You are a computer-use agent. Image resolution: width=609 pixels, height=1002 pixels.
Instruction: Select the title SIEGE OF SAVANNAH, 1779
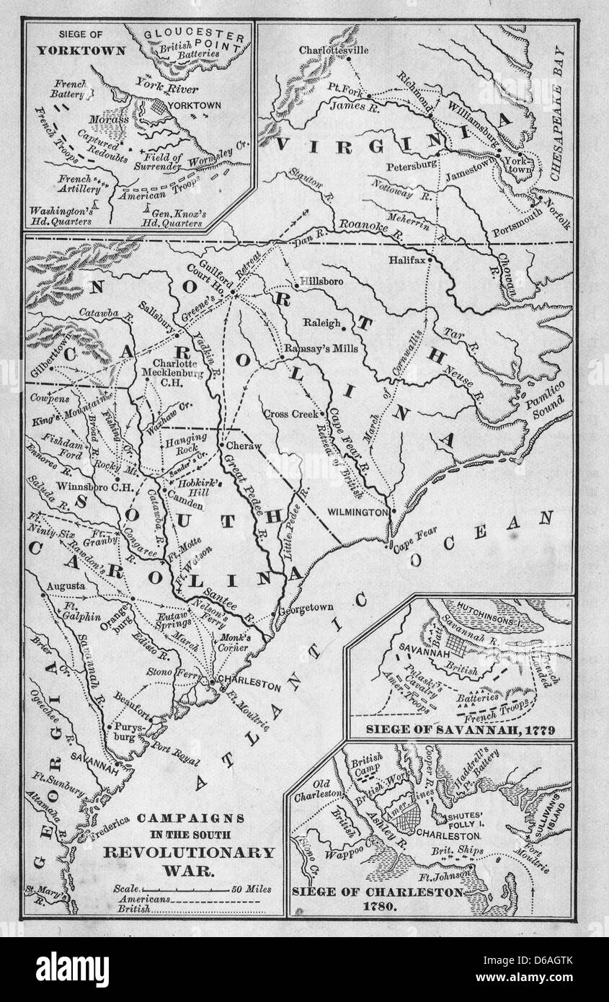tap(461, 730)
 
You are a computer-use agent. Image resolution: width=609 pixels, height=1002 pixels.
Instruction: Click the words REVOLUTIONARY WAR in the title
tap(190, 860)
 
